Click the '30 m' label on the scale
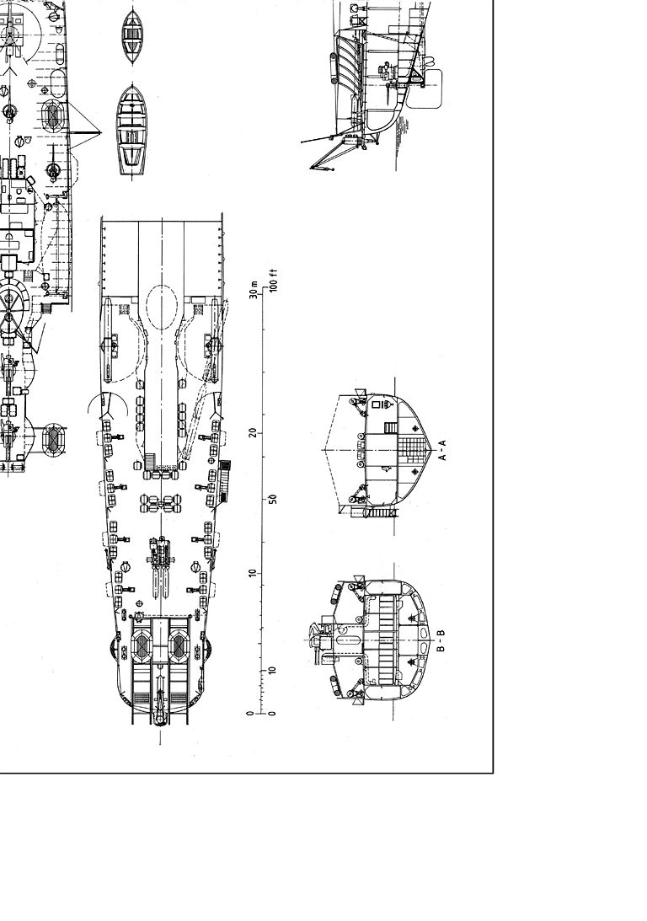point(254,290)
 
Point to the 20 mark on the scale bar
point(253,432)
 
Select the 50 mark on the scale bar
point(273,500)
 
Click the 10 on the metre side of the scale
point(253,573)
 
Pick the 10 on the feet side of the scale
point(272,670)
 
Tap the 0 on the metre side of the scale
point(251,713)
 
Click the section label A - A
point(443,450)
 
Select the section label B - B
point(441,640)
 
